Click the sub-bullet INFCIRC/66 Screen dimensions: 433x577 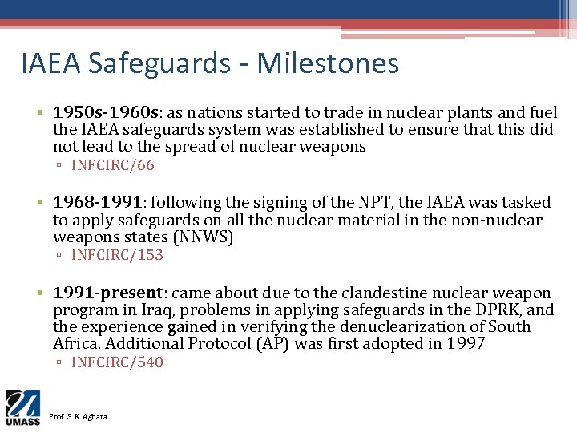[112, 166]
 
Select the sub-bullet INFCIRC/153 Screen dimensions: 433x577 [117, 256]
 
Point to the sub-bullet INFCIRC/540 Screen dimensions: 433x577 [117, 362]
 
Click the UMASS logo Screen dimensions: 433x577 [23, 407]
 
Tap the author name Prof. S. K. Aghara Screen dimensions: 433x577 [77, 417]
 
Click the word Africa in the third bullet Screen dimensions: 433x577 [77, 344]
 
